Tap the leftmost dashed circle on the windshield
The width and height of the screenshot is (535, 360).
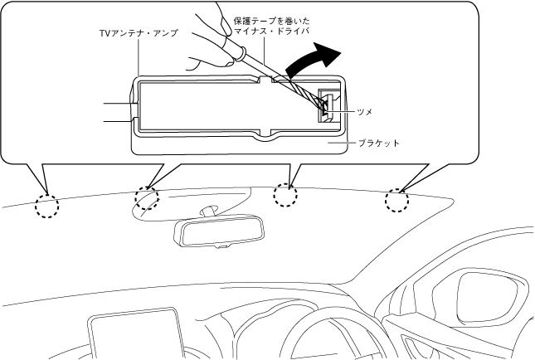point(46,205)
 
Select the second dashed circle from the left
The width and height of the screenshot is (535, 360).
point(147,198)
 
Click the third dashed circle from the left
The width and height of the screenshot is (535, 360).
point(285,193)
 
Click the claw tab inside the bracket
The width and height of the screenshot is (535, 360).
point(327,106)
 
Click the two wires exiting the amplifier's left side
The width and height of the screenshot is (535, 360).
point(116,112)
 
